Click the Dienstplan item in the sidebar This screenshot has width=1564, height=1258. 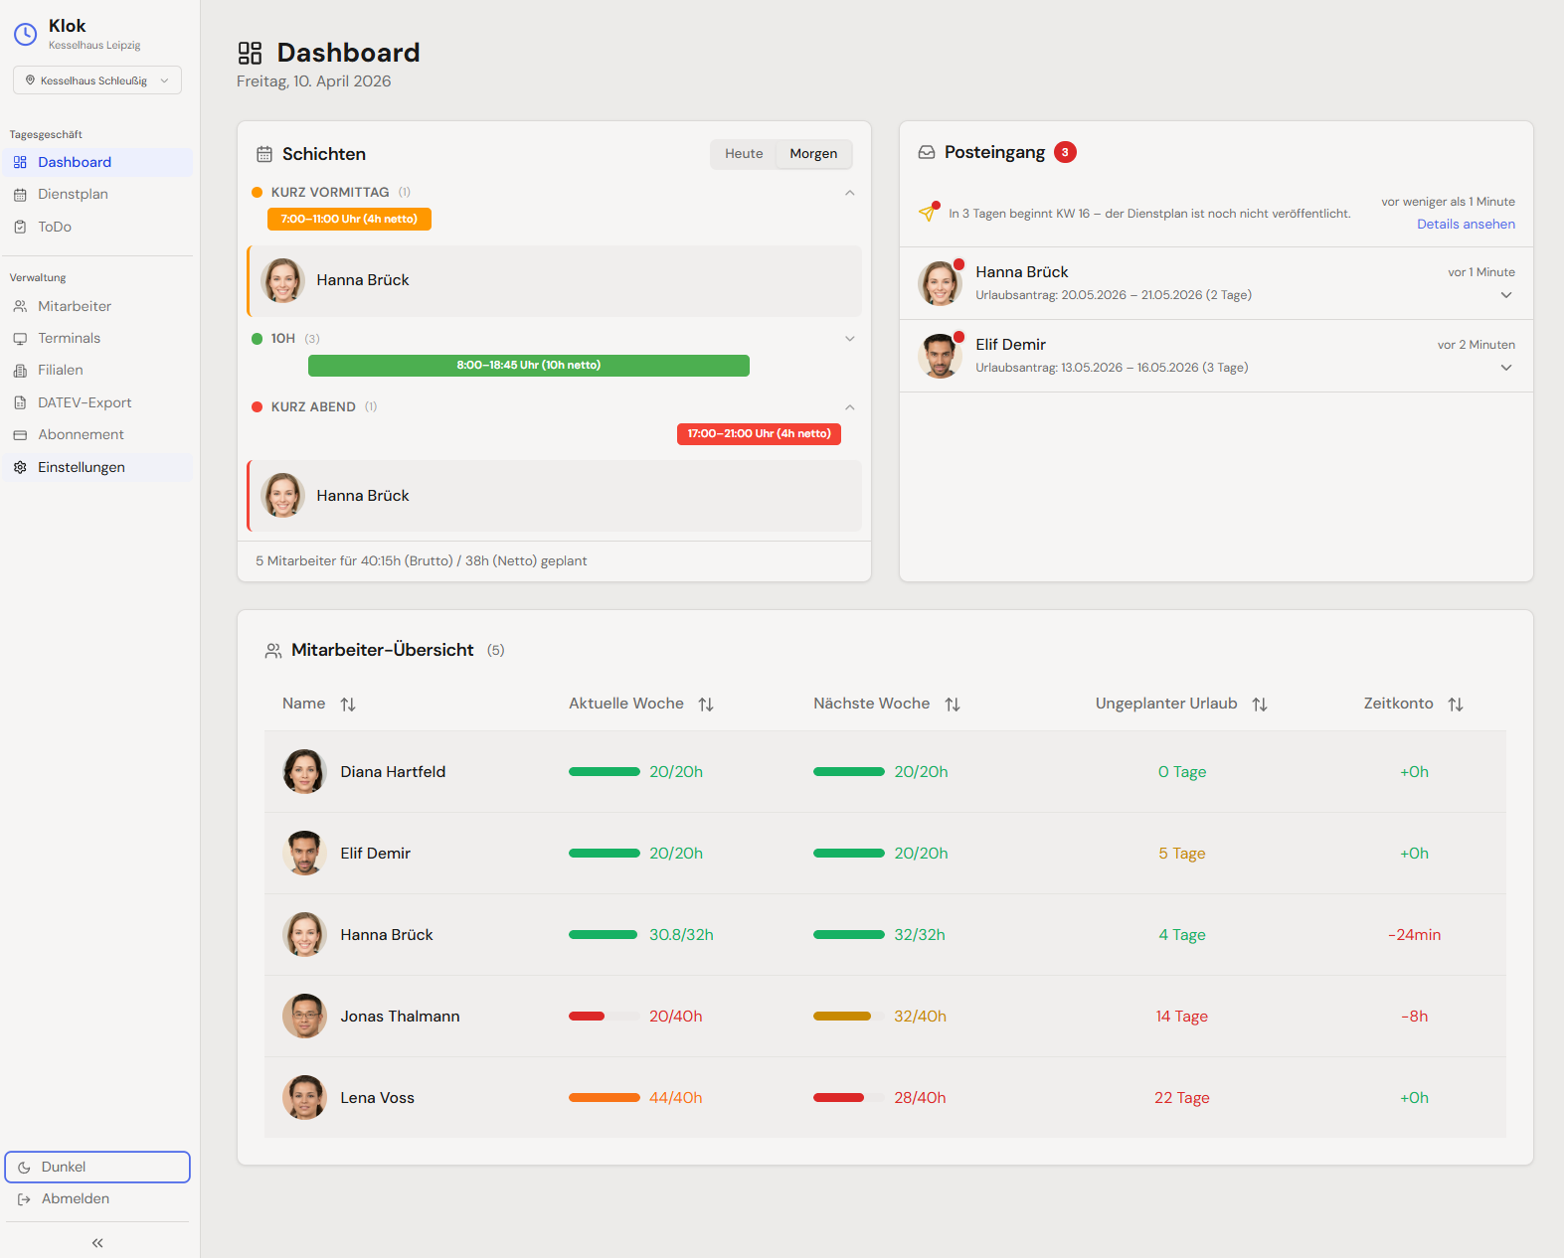[x=73, y=195]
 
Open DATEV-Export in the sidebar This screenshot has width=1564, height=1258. [x=85, y=402]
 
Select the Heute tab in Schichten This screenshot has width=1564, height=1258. [x=744, y=154]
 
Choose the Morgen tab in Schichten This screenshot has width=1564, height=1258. [x=813, y=154]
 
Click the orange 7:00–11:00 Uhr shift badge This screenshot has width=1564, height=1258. [x=349, y=219]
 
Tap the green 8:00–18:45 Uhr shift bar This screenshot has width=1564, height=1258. [x=528, y=366]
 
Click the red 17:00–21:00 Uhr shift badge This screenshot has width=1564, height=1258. [x=759, y=434]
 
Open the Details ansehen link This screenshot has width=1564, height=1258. [x=1466, y=225]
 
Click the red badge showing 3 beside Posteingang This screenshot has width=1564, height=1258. [x=1065, y=152]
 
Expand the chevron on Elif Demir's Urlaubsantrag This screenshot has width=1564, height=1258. [x=1506, y=368]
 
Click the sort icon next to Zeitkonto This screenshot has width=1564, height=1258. [x=1456, y=705]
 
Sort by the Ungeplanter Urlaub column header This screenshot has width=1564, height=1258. [x=1166, y=704]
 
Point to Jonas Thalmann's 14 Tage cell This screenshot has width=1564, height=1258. [x=1181, y=1017]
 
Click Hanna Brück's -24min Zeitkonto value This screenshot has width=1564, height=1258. [x=1414, y=935]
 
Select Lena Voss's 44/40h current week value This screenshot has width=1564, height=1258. [x=675, y=1098]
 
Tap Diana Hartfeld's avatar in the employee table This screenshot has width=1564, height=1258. [x=304, y=772]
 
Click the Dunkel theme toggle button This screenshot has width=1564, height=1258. [x=97, y=1168]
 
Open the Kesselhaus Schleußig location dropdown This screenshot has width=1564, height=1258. [x=97, y=80]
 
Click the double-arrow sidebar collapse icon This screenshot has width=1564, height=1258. [x=97, y=1243]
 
